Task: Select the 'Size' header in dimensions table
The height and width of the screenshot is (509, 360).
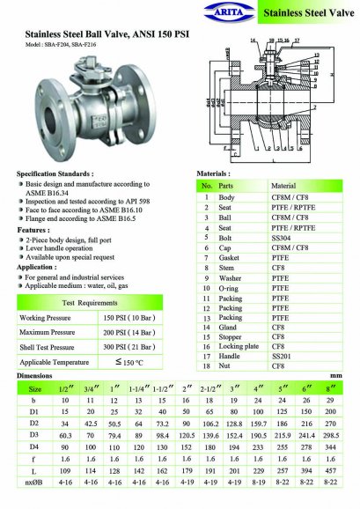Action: [34, 387]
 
